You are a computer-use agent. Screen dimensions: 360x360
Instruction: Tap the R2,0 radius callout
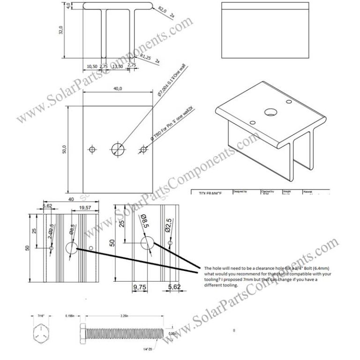click(x=163, y=9)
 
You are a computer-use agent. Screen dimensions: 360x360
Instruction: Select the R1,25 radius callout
click(x=145, y=56)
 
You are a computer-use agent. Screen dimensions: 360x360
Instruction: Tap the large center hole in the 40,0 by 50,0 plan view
click(x=118, y=150)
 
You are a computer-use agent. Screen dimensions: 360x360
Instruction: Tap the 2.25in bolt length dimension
click(x=124, y=316)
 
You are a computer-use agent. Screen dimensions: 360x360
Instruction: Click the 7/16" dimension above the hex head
click(x=41, y=316)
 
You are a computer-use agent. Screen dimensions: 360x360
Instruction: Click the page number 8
click(x=233, y=331)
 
